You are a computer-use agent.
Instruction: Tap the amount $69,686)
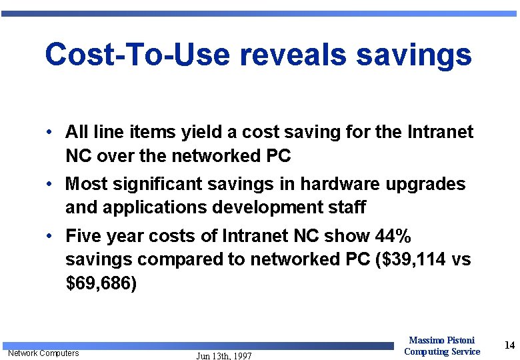pyautogui.click(x=101, y=283)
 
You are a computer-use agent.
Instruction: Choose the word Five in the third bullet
pyautogui.click(x=83, y=236)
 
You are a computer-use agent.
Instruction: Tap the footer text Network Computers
pyautogui.click(x=43, y=353)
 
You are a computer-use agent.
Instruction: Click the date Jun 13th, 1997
pyautogui.click(x=224, y=356)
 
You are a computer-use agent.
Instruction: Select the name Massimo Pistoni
pyautogui.click(x=441, y=341)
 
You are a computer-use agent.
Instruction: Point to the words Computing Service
pyautogui.click(x=441, y=351)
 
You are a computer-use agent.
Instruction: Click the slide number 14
pyautogui.click(x=510, y=345)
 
